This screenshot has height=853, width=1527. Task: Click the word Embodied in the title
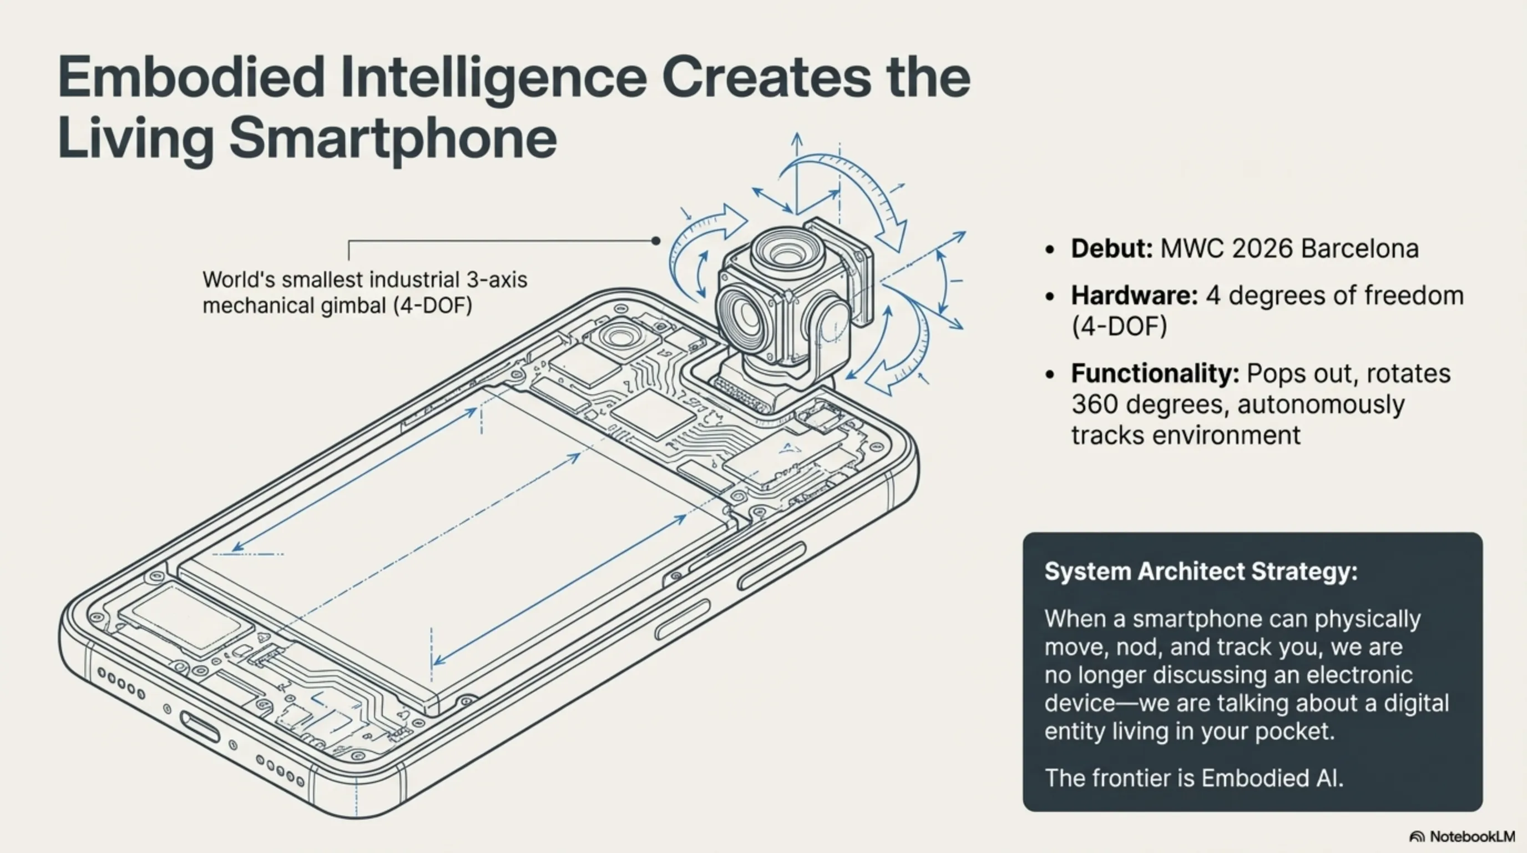pos(191,77)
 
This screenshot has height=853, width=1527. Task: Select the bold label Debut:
pos(1111,249)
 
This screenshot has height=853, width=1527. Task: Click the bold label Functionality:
pos(1155,374)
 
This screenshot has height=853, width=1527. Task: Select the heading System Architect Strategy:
pos(1201,572)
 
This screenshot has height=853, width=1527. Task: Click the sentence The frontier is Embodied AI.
pos(1194,777)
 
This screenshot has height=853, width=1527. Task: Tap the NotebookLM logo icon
pos(1417,837)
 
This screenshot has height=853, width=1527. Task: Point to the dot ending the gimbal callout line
pos(656,241)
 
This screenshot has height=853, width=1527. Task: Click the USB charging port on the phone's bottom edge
pos(200,726)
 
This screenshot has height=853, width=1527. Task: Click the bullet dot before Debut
pos(1050,250)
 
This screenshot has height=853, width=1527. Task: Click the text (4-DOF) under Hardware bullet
pos(1119,326)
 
